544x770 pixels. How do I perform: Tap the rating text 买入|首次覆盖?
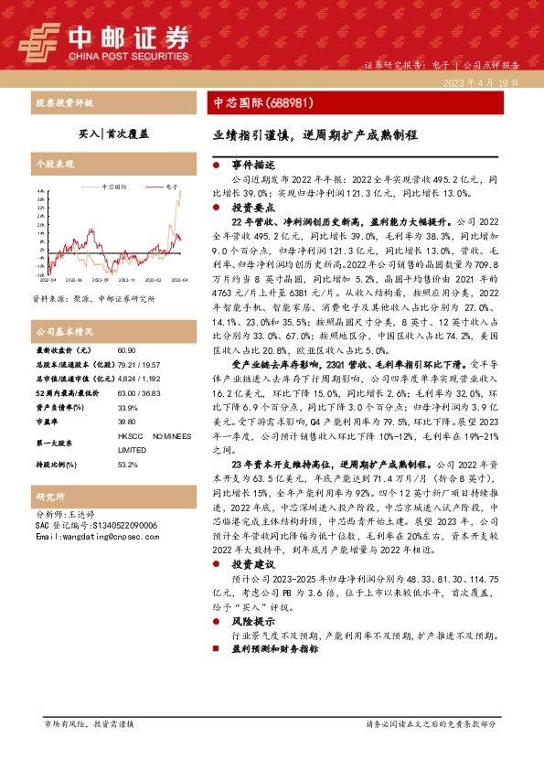113,133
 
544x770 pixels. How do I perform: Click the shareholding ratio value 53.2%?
128,465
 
